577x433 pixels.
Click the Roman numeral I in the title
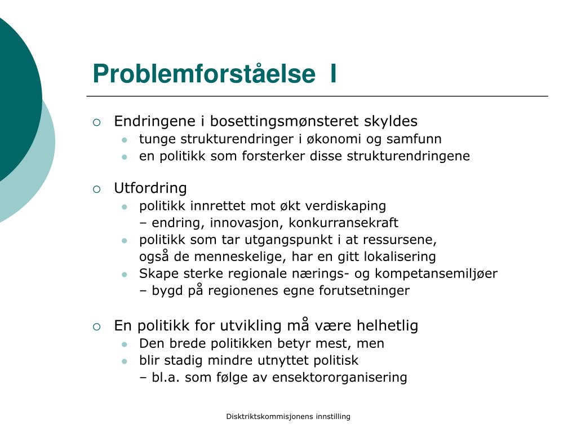click(334, 74)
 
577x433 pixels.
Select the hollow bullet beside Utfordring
click(97, 189)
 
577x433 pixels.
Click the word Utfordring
click(150, 188)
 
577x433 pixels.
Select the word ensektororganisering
click(339, 378)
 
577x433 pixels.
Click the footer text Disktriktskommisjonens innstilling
click(288, 417)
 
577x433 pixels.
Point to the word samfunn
click(418, 139)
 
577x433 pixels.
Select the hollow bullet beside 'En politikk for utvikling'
click(97, 327)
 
